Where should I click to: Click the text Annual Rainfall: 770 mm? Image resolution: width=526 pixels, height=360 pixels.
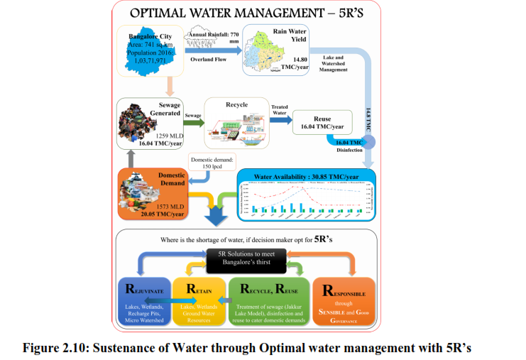click(x=212, y=36)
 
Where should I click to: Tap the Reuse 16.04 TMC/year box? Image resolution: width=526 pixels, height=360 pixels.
click(x=322, y=122)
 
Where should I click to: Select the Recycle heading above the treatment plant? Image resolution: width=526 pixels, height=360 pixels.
click(x=236, y=105)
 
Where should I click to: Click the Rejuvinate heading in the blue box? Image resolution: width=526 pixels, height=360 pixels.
click(x=146, y=290)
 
